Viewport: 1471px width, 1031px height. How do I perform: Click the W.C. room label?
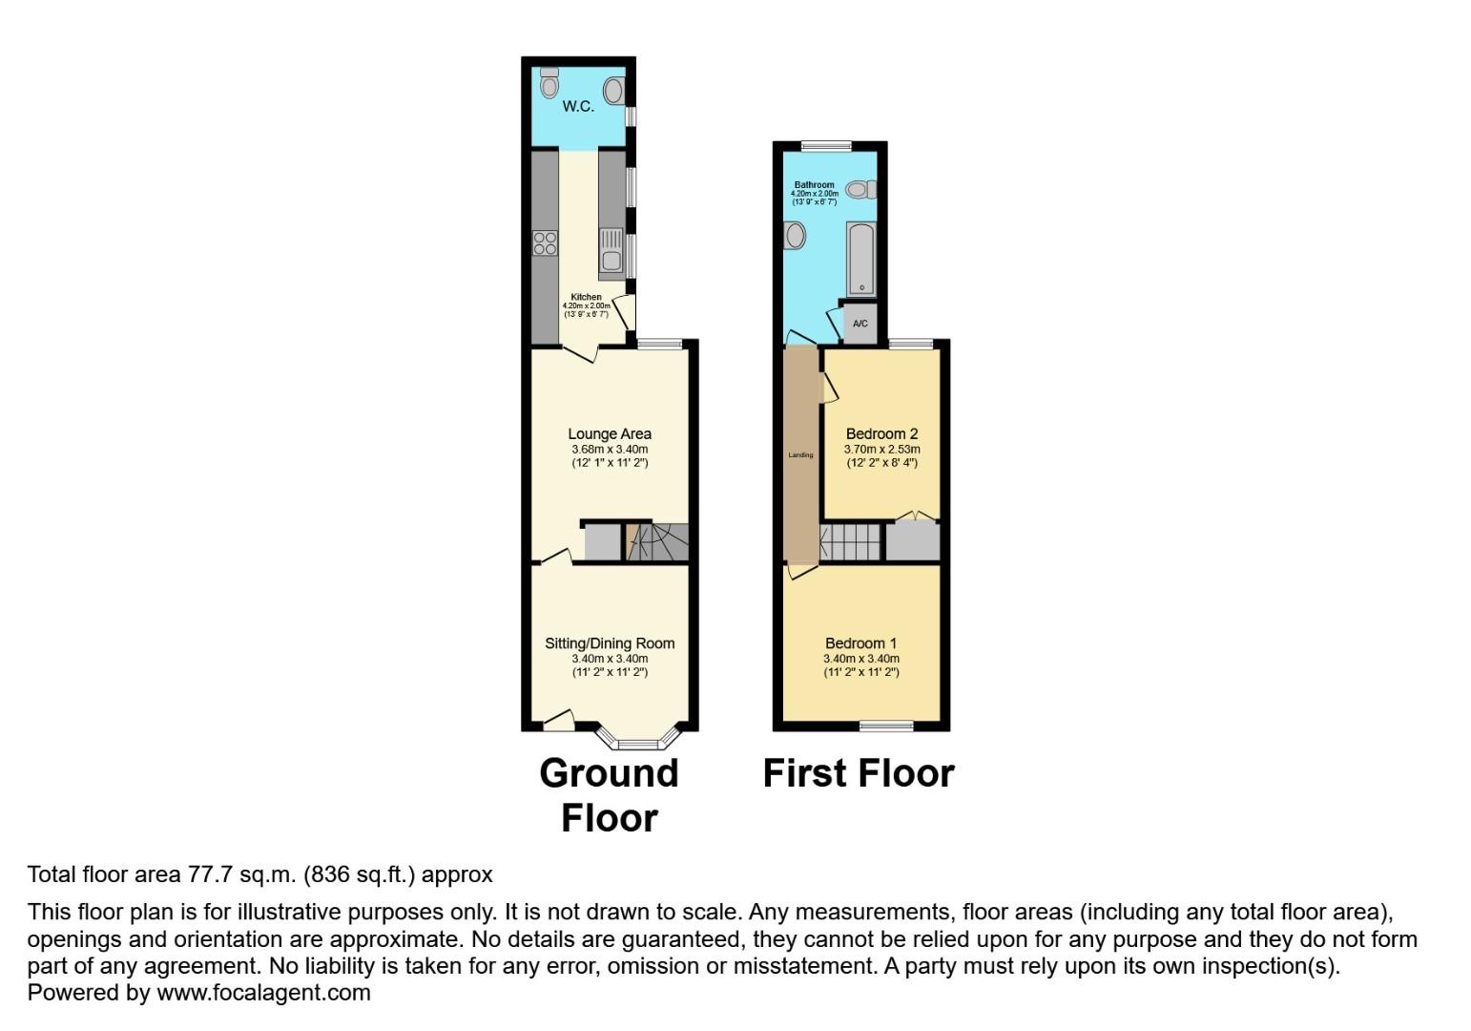(578, 106)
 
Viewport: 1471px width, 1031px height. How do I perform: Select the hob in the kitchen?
(545, 243)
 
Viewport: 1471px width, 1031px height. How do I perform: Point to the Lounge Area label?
(610, 434)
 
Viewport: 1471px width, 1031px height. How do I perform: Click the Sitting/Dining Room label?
(610, 643)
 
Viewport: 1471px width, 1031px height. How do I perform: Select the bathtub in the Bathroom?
(860, 259)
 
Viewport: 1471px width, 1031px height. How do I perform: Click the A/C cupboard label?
(860, 324)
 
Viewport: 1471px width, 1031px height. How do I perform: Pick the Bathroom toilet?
(860, 190)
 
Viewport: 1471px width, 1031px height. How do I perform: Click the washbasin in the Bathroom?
(794, 235)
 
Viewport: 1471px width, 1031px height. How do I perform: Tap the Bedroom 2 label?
(882, 434)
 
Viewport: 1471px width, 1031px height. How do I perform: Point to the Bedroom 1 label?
(861, 643)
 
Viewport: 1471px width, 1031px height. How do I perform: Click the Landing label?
(800, 455)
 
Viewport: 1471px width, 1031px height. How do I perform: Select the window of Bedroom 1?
(885, 726)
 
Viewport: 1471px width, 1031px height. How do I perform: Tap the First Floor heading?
(859, 773)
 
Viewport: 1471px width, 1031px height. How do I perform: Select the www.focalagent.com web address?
(263, 993)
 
